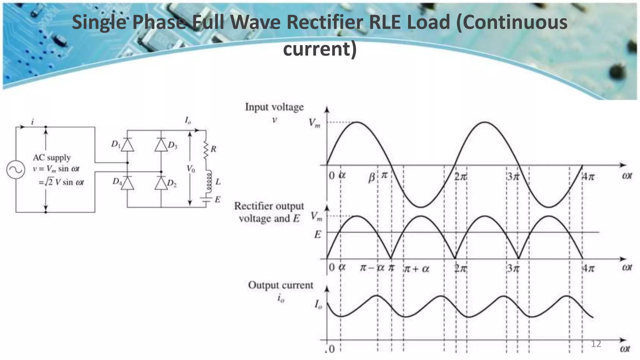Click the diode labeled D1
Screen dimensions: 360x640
coord(127,145)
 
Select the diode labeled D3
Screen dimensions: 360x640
coord(161,145)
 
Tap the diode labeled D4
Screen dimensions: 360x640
coord(127,183)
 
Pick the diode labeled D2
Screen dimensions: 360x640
coord(161,183)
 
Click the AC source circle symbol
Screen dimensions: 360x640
coord(16,170)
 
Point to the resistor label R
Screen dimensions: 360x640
coord(213,149)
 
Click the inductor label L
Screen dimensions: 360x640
coord(218,182)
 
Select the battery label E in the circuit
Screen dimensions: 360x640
coord(217,199)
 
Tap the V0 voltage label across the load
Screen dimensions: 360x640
coord(191,169)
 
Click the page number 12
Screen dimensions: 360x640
coord(596,344)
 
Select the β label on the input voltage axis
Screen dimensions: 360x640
coord(372,178)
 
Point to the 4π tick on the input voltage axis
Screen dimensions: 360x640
coord(588,177)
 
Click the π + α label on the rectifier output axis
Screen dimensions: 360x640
coord(417,268)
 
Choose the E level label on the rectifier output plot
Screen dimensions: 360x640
coord(317,234)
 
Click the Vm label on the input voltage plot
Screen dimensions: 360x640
coord(314,123)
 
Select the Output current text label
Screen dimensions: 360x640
coord(280,285)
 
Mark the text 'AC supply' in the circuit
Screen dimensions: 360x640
coord(52,157)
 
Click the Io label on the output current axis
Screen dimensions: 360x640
coord(318,304)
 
